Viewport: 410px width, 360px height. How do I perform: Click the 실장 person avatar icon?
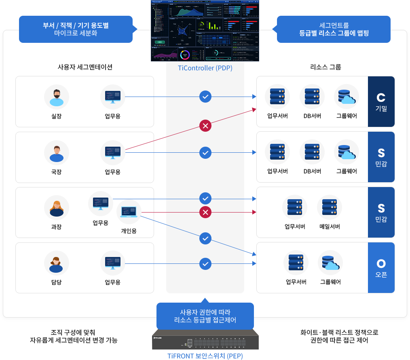(57, 97)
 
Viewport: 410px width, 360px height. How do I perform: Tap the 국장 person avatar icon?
(57, 153)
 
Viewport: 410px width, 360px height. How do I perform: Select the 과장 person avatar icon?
(57, 208)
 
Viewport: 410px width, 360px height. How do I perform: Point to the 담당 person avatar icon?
(57, 263)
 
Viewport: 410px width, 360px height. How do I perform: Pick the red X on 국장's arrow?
(205, 126)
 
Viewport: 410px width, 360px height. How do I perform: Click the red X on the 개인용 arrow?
(205, 212)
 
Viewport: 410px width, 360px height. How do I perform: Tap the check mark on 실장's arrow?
(205, 97)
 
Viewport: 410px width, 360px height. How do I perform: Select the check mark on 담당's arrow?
(205, 264)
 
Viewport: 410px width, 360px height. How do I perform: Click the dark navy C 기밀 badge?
(381, 102)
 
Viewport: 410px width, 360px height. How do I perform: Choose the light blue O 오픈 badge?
(381, 267)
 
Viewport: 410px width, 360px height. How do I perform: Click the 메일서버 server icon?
(330, 207)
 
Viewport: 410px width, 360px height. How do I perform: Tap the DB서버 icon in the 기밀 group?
(312, 97)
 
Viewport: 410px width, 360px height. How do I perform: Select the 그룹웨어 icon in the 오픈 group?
(330, 263)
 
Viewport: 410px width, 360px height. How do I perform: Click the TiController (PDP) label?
(205, 68)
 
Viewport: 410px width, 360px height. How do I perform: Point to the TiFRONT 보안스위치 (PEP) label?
(205, 356)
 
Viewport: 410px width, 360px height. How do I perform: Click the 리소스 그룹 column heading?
(325, 67)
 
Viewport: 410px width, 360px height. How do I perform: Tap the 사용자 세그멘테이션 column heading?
(85, 67)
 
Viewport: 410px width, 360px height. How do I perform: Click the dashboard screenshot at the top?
(205, 30)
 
